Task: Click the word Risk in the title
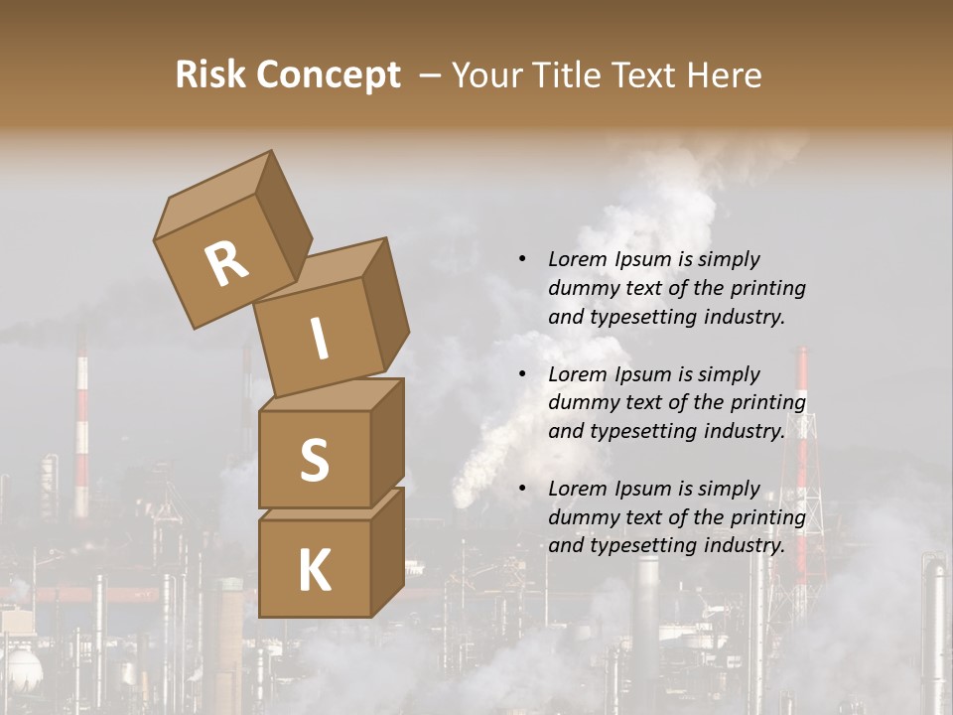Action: [x=209, y=75]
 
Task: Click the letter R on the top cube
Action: [x=226, y=264]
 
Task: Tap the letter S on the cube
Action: [x=314, y=460]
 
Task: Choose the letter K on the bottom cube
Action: [x=314, y=571]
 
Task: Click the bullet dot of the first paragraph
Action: [x=522, y=259]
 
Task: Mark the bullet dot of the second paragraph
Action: [x=522, y=374]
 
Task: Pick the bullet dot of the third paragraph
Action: [x=522, y=489]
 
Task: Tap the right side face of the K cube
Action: [x=387, y=551]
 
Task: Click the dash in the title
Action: [x=429, y=75]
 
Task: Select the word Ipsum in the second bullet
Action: [x=642, y=374]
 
